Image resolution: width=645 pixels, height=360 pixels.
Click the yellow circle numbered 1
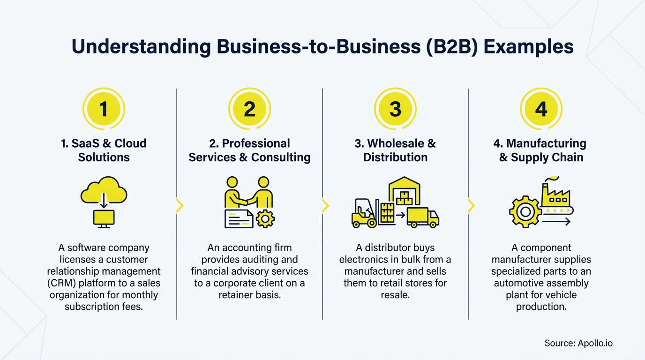click(104, 109)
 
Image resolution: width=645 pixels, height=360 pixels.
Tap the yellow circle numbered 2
click(249, 109)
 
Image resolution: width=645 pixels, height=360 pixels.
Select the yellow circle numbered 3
click(395, 109)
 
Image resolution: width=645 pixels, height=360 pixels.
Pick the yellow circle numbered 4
click(541, 109)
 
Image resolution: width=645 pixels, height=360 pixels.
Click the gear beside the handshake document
click(265, 218)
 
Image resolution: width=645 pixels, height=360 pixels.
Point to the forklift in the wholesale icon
click(364, 213)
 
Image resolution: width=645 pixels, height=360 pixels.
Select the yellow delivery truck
click(422, 217)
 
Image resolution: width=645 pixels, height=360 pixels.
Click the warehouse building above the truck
click(404, 191)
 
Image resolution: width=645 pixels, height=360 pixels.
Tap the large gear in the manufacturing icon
click(525, 212)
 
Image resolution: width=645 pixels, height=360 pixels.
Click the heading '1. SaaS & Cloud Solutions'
click(104, 150)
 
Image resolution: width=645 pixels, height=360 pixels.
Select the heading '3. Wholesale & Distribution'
click(395, 150)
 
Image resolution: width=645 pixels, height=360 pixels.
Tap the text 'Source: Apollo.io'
click(578, 344)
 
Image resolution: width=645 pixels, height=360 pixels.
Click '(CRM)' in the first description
click(63, 283)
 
